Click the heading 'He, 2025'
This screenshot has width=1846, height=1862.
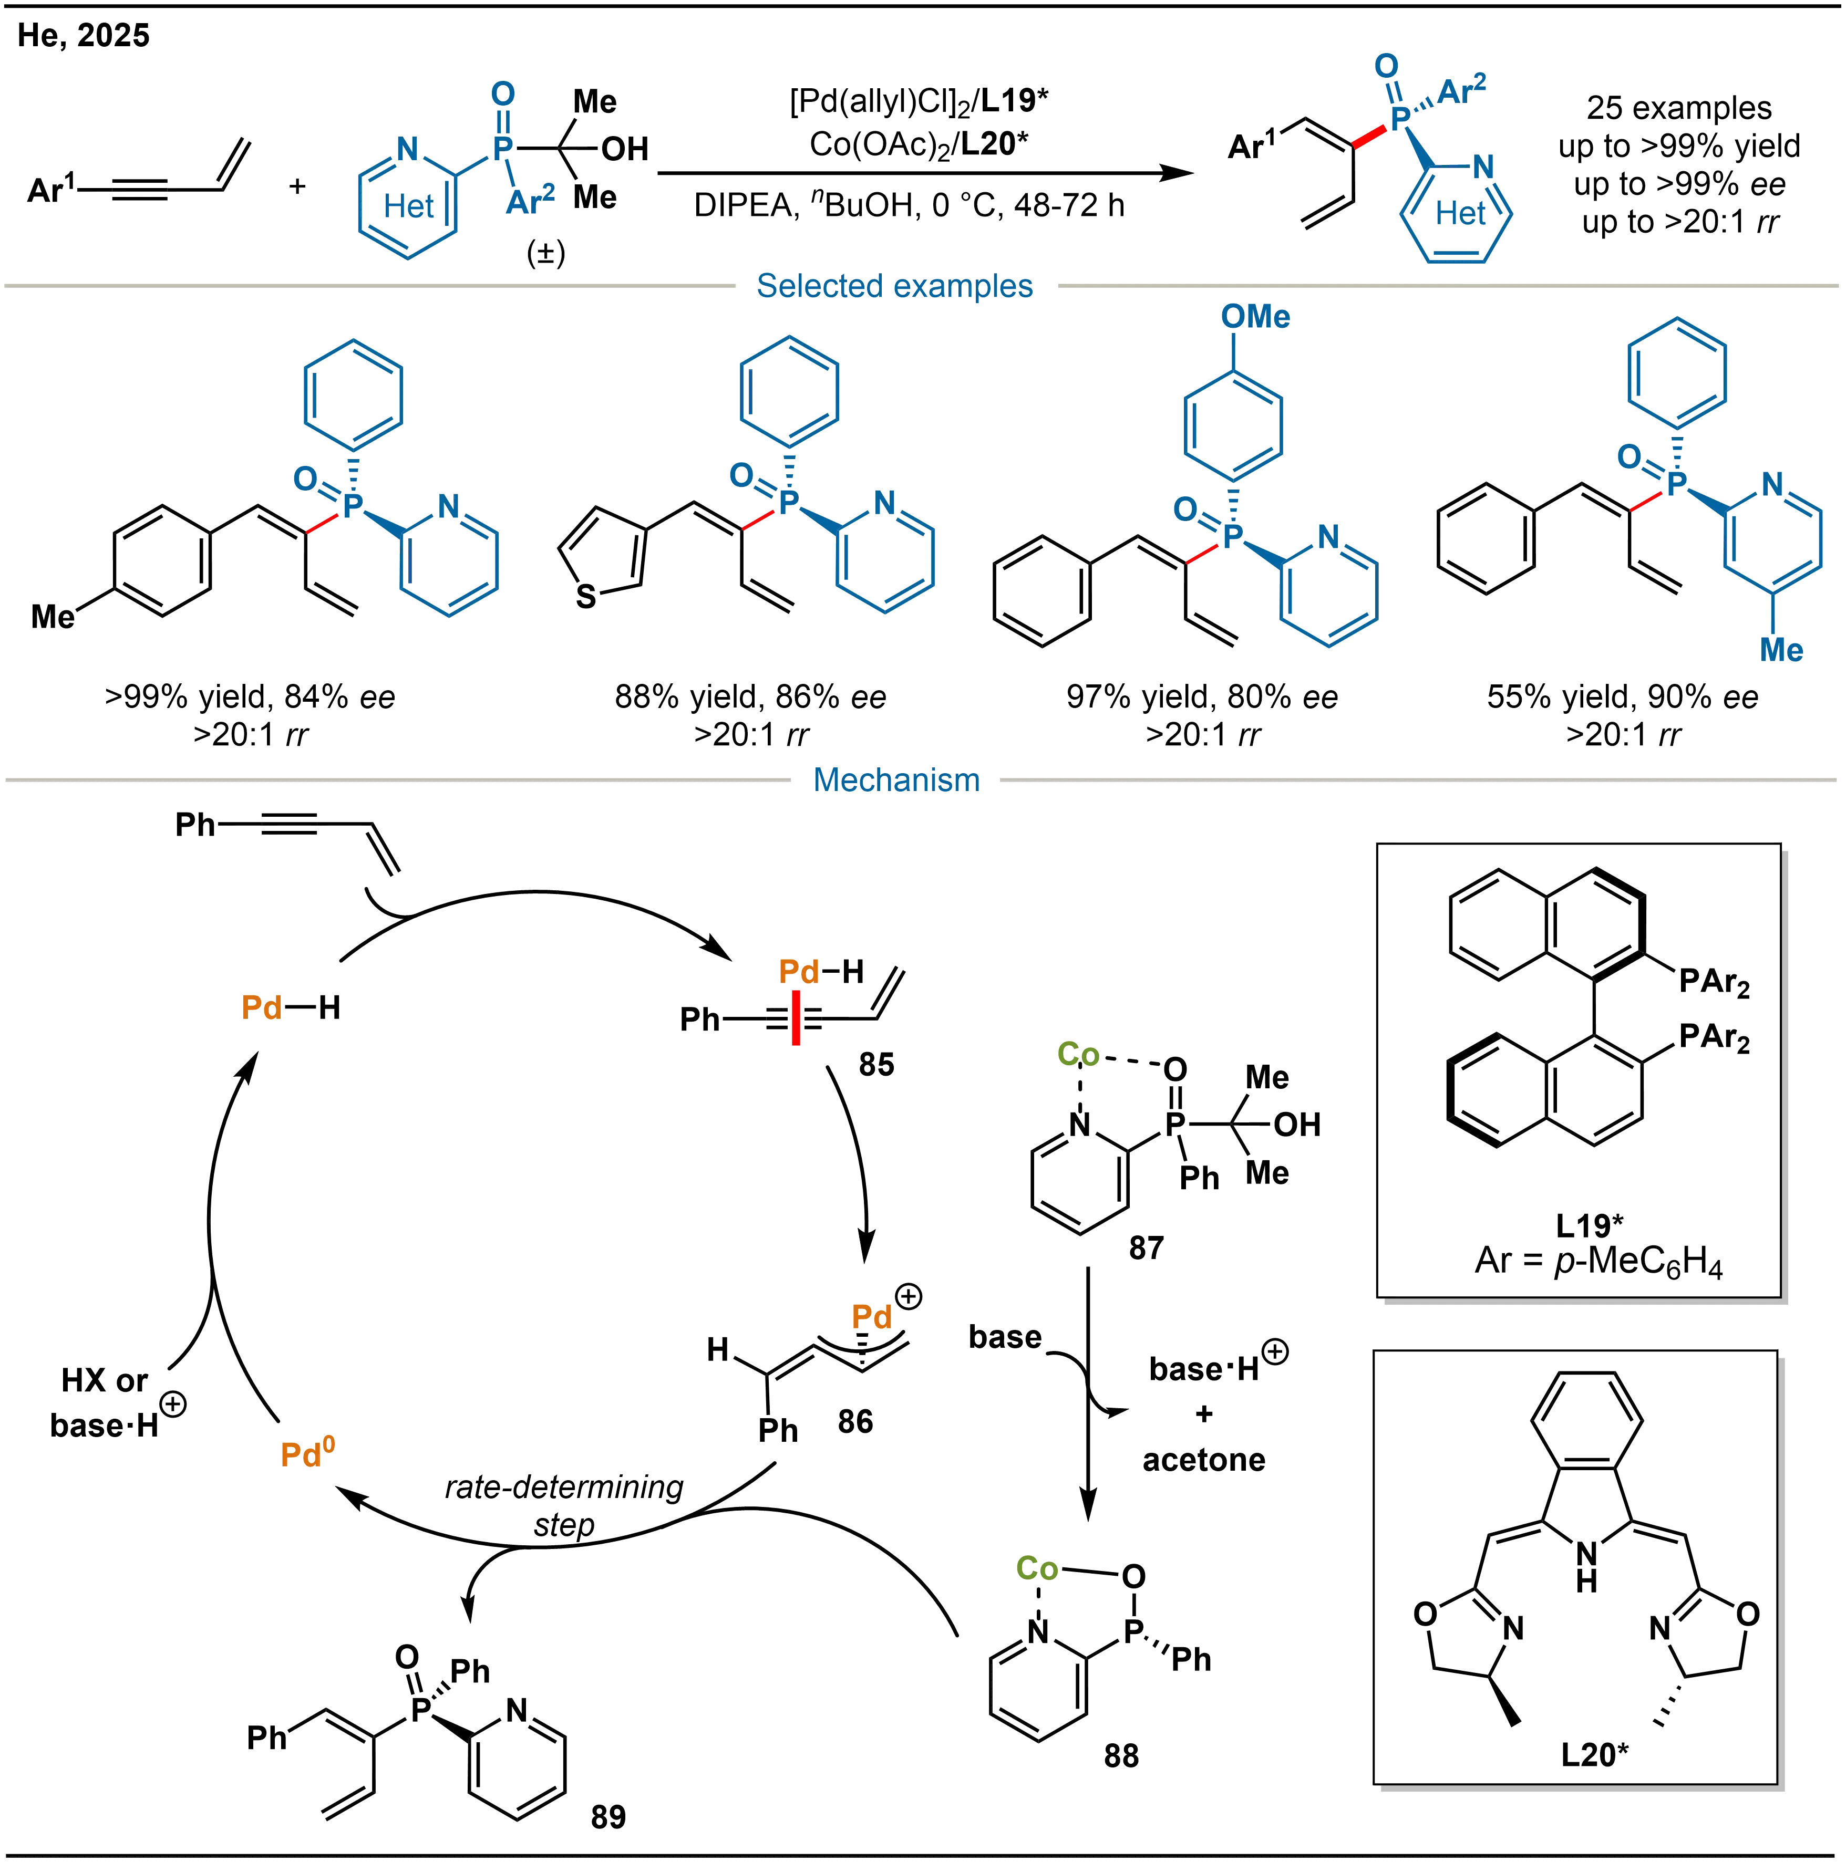point(84,36)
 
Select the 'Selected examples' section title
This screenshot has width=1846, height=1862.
point(894,286)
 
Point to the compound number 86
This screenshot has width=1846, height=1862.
point(854,1421)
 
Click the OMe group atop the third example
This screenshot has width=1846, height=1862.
point(1254,316)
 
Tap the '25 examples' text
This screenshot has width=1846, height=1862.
point(1678,108)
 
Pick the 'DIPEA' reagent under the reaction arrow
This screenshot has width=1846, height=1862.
point(743,205)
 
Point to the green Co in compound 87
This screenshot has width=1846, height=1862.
point(1078,1054)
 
